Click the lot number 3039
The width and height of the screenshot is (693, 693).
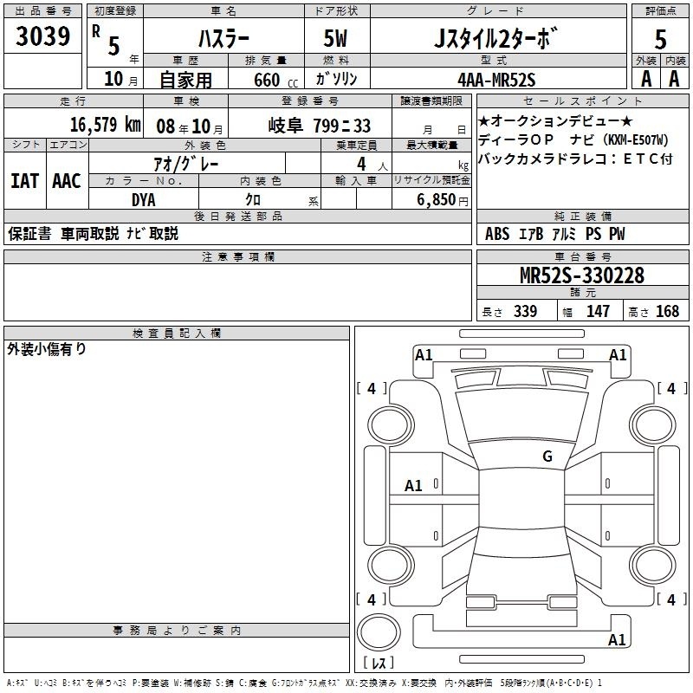42,36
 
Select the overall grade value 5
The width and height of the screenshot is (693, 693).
660,39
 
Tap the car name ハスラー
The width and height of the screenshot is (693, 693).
223,39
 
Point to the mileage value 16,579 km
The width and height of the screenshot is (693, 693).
105,125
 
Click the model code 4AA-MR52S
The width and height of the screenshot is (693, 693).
496,80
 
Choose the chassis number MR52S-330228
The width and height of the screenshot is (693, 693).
582,275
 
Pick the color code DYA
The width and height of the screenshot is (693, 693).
144,200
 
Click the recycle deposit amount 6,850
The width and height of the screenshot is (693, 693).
436,200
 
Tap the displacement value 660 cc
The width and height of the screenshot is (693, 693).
275,81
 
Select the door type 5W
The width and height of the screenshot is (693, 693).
335,39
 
